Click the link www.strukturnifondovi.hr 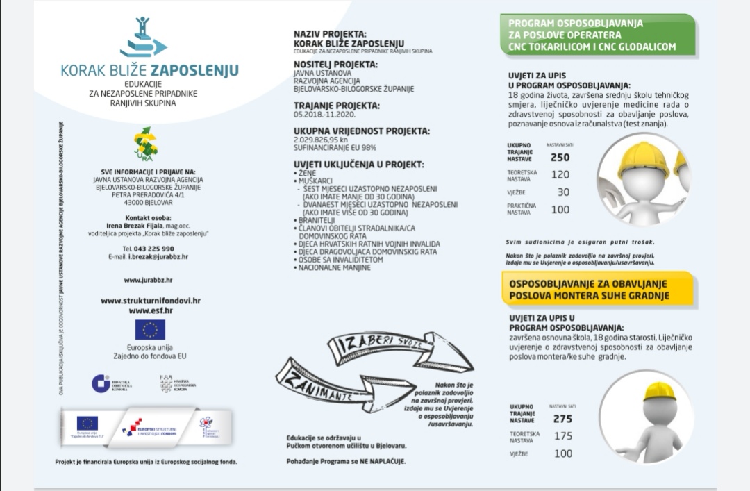click(151, 301)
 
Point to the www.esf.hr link click(151, 310)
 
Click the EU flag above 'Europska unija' click(150, 330)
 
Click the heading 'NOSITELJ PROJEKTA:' click(336, 64)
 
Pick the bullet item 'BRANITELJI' click(315, 219)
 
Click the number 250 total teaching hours click(560, 158)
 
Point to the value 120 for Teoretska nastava click(560, 174)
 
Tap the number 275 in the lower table click(562, 419)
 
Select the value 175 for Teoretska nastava click(563, 436)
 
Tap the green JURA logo click(146, 144)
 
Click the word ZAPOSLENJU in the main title click(194, 70)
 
